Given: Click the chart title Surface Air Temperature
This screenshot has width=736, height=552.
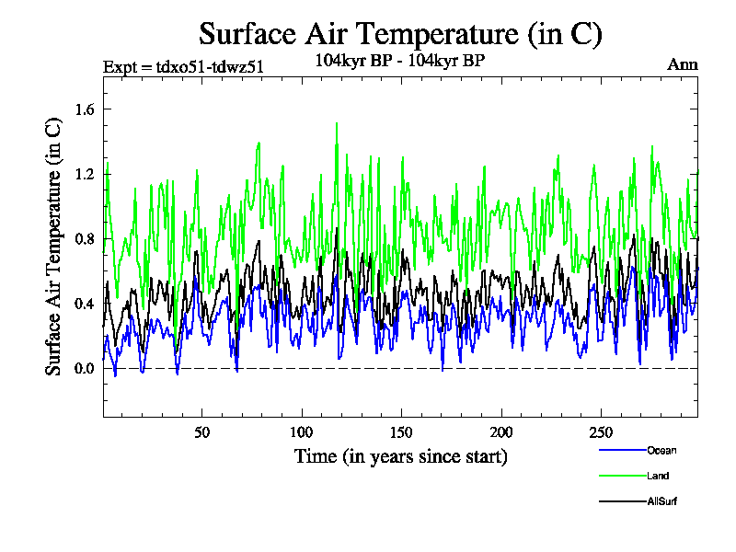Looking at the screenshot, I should [x=400, y=34].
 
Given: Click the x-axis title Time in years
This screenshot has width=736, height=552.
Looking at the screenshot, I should [x=400, y=456].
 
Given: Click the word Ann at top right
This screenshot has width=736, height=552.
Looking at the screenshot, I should [x=683, y=64].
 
